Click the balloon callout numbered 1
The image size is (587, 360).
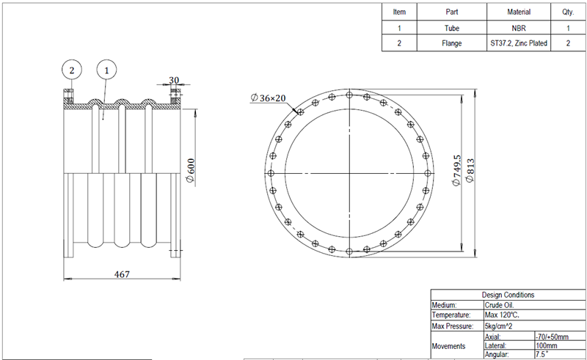(x=107, y=70)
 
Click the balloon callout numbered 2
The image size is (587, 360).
(x=71, y=70)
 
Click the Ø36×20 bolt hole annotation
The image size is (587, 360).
(x=271, y=98)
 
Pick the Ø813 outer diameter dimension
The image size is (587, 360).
(x=470, y=171)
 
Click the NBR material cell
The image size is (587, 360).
(x=519, y=28)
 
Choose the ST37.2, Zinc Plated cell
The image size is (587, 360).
(x=519, y=43)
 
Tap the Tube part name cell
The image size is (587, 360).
(x=452, y=28)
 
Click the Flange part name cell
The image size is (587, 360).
(x=452, y=43)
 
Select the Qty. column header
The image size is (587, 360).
(x=568, y=12)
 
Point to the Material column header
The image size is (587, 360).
(x=519, y=12)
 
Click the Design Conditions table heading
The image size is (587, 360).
(x=508, y=294)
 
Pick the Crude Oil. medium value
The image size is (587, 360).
(x=499, y=304)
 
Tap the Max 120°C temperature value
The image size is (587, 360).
(x=502, y=315)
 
